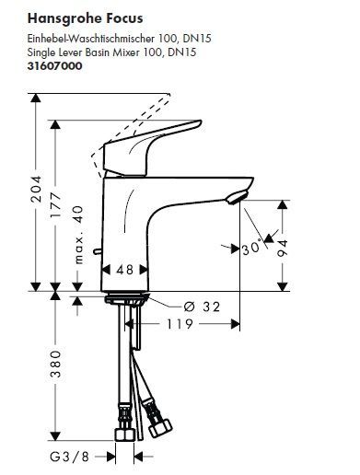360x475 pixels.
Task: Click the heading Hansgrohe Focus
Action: pos(85,19)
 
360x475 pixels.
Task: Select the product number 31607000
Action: pos(54,66)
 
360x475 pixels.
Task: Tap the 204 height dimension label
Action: pos(36,189)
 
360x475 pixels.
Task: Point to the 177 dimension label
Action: pos(56,204)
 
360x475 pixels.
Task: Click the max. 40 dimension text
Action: pos(78,235)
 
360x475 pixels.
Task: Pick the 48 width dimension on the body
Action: pos(125,270)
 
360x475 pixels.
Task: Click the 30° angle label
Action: pos(251,248)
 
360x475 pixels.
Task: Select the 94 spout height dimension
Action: pos(283,248)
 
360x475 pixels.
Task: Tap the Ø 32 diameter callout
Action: pos(202,307)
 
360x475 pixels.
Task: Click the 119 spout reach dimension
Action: pos(180,324)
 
